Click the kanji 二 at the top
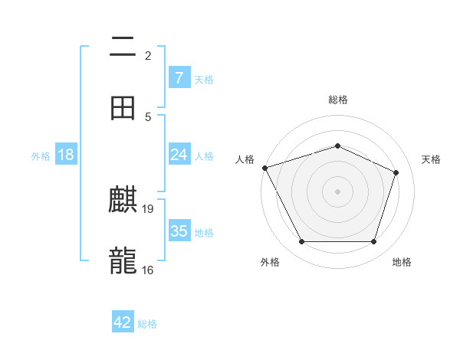click(123, 47)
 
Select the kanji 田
click(123, 108)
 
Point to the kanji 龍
click(123, 261)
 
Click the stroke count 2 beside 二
click(148, 56)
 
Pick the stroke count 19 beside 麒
click(149, 208)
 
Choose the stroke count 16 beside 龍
click(148, 270)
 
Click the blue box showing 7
click(179, 78)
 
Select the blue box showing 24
click(179, 155)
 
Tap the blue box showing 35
click(179, 231)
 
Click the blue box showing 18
click(66, 155)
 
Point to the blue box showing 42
click(123, 322)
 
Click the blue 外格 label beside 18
click(41, 156)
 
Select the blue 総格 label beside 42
click(147, 324)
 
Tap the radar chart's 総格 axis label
click(338, 100)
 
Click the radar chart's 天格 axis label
click(432, 159)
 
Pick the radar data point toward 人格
click(264, 168)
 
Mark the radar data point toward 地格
click(374, 242)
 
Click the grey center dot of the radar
click(338, 191)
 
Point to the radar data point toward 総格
click(338, 145)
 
